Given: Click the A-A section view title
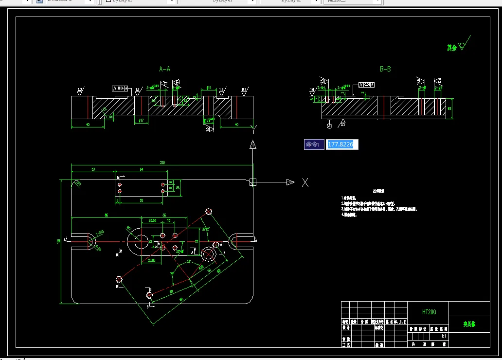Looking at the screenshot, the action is pyautogui.click(x=165, y=69).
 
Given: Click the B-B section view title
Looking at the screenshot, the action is pyautogui.click(x=385, y=69).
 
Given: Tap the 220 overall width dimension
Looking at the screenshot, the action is pyautogui.click(x=162, y=162).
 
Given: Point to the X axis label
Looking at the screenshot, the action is pyautogui.click(x=305, y=182).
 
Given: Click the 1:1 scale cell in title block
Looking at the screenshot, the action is pyautogui.click(x=443, y=336).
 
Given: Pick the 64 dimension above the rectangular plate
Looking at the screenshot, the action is pyautogui.click(x=142, y=169).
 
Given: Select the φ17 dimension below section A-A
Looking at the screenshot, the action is pyautogui.click(x=141, y=120).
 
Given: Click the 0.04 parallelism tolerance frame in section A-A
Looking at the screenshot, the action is pyautogui.click(x=120, y=89).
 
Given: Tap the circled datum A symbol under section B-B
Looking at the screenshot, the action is pyautogui.click(x=330, y=126).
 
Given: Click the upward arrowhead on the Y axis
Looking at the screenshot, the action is pyautogui.click(x=252, y=144).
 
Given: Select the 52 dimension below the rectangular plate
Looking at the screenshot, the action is pyautogui.click(x=142, y=200).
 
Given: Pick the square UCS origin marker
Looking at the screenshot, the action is pyautogui.click(x=252, y=182).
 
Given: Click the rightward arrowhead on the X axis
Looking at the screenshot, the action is pyautogui.click(x=290, y=182).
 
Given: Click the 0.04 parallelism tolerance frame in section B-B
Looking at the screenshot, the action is pyautogui.click(x=367, y=84).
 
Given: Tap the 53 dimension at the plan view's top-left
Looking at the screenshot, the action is pyautogui.click(x=92, y=169).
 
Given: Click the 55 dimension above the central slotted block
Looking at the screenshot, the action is pyautogui.click(x=164, y=215).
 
